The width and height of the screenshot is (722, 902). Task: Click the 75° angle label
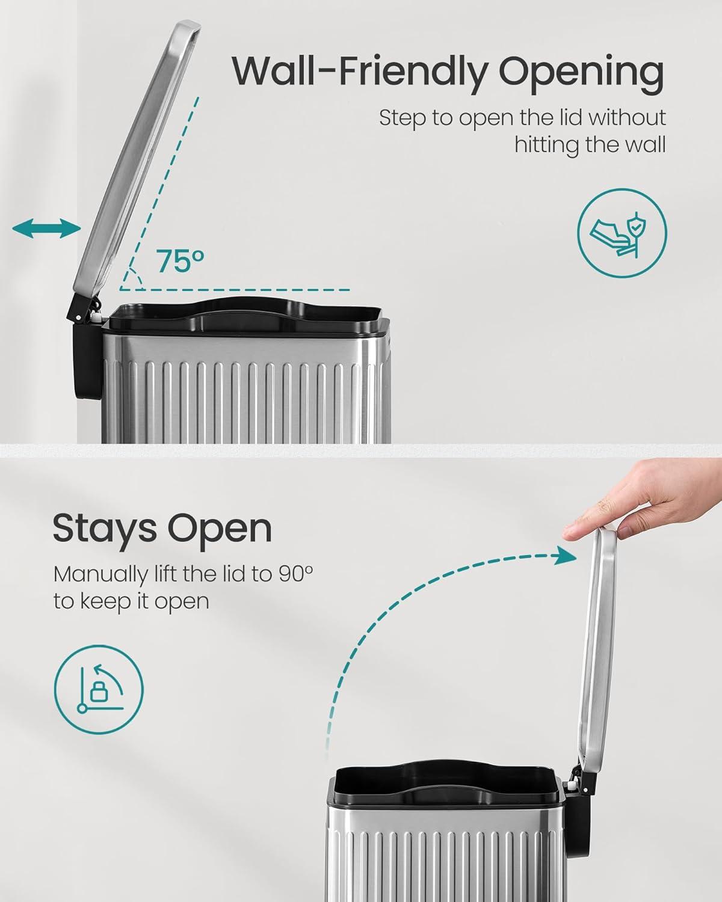tap(181, 261)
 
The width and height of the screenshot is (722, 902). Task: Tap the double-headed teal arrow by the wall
tap(46, 229)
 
